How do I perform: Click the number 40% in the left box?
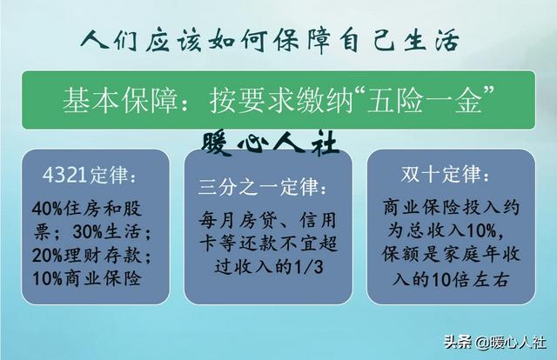(47, 209)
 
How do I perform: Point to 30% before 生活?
(87, 232)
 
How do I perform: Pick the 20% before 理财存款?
(47, 255)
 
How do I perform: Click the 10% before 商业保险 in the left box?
(47, 278)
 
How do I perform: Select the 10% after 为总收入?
(481, 230)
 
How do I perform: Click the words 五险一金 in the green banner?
(425, 101)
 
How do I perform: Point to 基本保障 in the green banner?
(120, 101)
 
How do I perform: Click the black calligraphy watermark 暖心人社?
(270, 143)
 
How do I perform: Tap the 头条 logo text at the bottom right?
(458, 343)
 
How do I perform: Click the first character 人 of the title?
(94, 40)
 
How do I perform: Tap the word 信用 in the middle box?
(318, 221)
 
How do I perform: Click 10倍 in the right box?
(449, 280)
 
